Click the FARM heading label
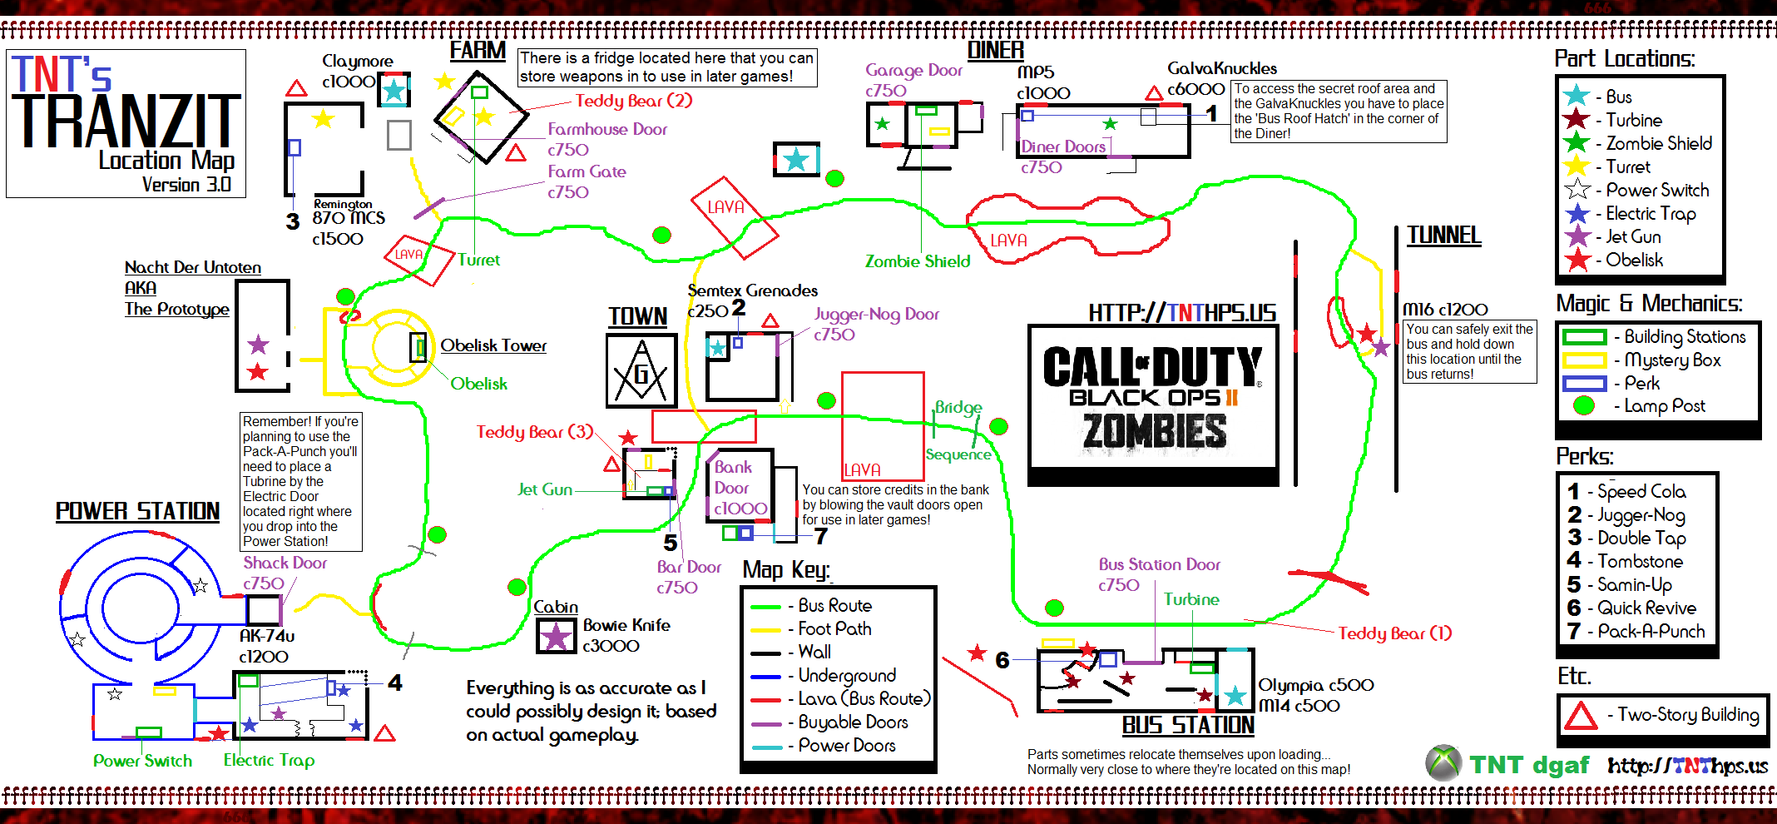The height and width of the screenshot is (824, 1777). tap(478, 51)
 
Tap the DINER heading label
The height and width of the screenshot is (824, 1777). tap(995, 51)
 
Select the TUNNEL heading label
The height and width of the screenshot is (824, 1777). tap(1443, 236)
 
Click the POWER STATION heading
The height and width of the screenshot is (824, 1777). tap(137, 511)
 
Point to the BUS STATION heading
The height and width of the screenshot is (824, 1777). tap(1188, 726)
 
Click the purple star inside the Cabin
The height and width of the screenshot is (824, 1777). tap(555, 637)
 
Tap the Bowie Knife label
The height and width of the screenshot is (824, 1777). tap(626, 625)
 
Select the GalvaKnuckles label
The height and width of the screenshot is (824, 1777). tap(1221, 68)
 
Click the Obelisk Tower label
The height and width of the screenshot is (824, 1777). tap(493, 345)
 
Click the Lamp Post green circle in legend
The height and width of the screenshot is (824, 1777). tap(1584, 406)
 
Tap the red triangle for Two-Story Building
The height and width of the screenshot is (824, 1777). tap(1581, 716)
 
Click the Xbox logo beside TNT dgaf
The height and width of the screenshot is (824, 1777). tap(1443, 763)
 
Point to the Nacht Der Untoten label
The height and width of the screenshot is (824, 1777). tap(192, 267)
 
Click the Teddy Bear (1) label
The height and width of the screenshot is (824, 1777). tap(1394, 633)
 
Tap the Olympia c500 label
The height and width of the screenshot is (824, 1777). tap(1315, 685)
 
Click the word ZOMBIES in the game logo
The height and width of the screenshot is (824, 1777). tap(1154, 432)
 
